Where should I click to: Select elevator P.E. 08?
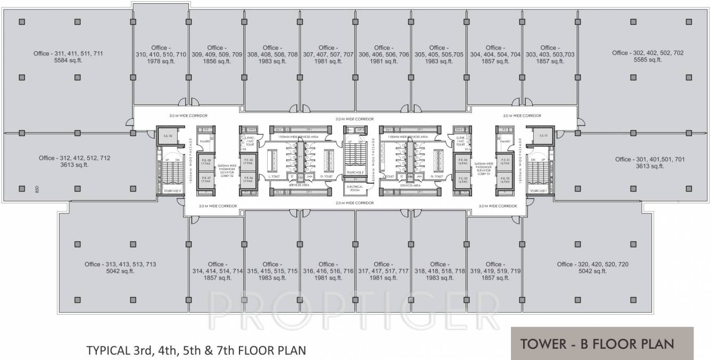pyautogui.click(x=205, y=162)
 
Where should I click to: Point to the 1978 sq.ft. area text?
pyautogui.click(x=161, y=61)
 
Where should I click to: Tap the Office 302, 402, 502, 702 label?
pyautogui.click(x=647, y=53)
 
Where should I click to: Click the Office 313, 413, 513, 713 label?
pyautogui.click(x=120, y=264)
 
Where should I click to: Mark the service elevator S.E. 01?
pyautogui.click(x=543, y=135)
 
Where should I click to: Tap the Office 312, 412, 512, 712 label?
pyautogui.click(x=75, y=158)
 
